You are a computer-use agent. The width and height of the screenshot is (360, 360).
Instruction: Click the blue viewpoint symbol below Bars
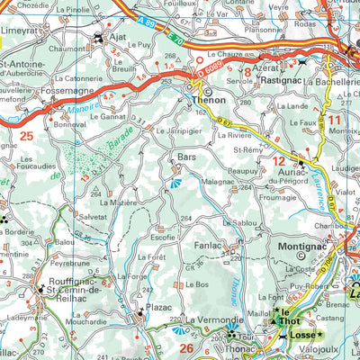175,184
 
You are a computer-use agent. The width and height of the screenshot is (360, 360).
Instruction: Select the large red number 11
334,118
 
